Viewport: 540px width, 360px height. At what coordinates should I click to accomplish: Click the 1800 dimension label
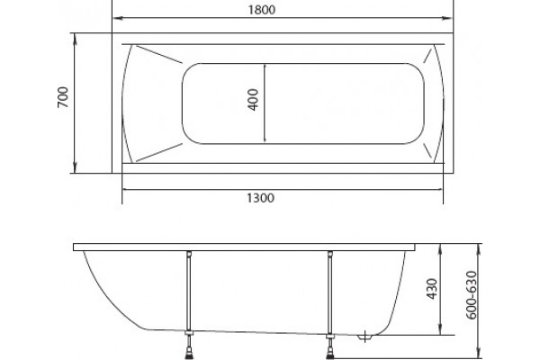[262, 10]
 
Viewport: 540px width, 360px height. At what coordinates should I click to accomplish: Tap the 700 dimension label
[63, 97]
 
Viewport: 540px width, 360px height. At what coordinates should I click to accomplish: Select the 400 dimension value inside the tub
[253, 100]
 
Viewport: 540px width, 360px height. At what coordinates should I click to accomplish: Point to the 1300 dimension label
[261, 198]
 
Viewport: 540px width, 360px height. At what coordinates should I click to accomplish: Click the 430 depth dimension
[432, 289]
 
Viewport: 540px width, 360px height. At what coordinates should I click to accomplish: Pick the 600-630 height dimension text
[471, 295]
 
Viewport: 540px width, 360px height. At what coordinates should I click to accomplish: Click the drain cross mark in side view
[364, 336]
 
